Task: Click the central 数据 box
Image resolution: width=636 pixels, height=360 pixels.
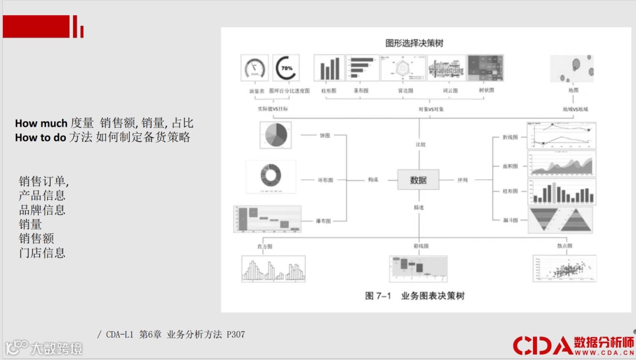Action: coord(418,180)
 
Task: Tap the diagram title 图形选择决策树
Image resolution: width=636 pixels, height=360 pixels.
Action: coord(414,43)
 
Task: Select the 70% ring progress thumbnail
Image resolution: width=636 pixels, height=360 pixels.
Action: coord(286,68)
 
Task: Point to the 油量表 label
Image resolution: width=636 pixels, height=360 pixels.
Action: coord(254,91)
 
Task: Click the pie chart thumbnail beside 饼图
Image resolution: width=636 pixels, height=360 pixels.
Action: coord(275,135)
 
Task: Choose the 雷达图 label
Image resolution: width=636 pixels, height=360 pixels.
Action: coord(404,91)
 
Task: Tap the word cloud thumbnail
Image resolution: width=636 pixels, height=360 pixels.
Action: coord(446,68)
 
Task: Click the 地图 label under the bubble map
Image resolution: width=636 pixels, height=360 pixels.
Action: coord(572,91)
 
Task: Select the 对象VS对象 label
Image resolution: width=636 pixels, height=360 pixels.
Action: coord(431,109)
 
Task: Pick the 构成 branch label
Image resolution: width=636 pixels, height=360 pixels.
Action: coord(373,180)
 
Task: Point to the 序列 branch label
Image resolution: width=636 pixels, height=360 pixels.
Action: coord(462,180)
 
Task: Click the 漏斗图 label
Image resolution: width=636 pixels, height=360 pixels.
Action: coord(511,220)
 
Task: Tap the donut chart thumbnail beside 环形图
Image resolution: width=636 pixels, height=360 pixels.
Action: coord(271,176)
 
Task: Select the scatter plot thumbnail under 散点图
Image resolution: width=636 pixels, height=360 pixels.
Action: coord(564,269)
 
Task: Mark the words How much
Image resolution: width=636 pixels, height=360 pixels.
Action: coord(41,123)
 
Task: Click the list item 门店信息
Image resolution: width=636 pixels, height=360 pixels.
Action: coord(42,253)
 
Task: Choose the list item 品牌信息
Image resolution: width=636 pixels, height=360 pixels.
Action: coord(42,210)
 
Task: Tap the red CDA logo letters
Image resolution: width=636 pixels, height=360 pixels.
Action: coord(542,345)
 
